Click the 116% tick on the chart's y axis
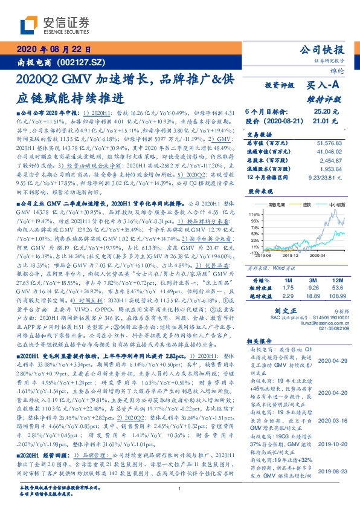(254, 214)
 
